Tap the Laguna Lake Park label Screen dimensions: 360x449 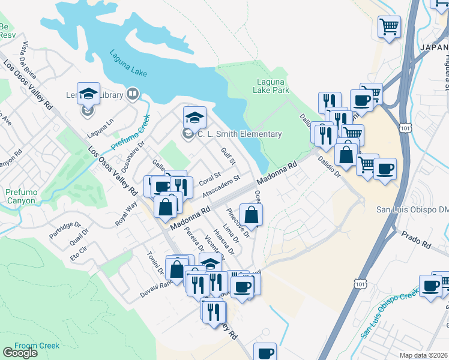pos(273,86)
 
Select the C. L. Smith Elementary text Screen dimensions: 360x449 pos(241,134)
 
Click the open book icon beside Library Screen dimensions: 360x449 pos(133,94)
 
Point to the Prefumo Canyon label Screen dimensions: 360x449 pos(21,196)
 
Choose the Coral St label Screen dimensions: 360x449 pos(206,179)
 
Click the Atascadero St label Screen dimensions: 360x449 pos(221,187)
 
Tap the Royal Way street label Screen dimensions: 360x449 pos(127,214)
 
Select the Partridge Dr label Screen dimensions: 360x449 pos(65,230)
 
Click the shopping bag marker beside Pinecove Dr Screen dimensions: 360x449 pos(252,215)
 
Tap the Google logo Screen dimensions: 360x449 pos(20,353)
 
